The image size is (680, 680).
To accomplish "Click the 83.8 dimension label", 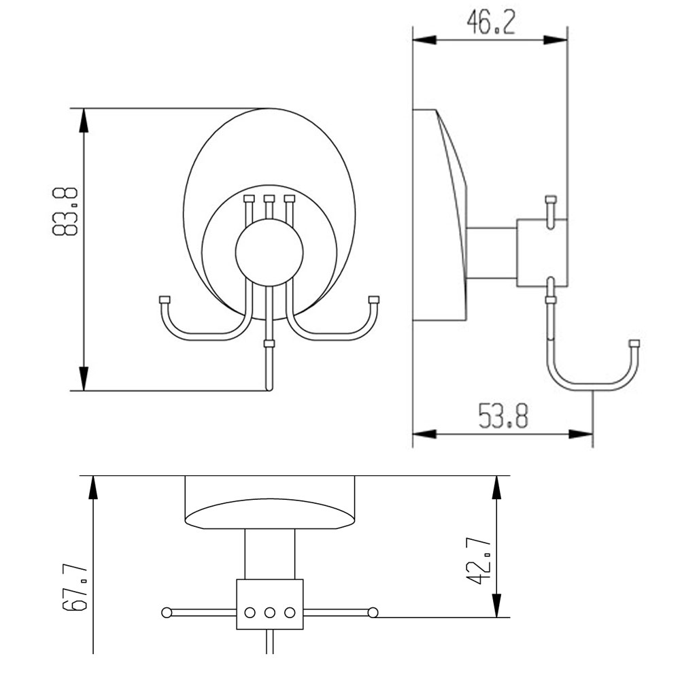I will coord(65,211).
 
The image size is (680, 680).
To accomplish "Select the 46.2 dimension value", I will coord(490,22).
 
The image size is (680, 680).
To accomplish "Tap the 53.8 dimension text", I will coord(503,415).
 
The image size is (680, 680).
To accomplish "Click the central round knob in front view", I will coord(269,252).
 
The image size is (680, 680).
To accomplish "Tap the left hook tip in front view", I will coord(164,300).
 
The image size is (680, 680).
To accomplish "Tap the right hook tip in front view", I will coord(373,300).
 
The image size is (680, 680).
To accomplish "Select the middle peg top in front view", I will coord(269,199).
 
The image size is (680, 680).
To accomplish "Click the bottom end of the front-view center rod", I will coord(269,388).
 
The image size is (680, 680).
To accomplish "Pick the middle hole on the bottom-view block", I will coord(270,612).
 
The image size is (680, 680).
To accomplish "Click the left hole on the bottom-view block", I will coord(250,612).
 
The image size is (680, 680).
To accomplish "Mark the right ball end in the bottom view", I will coord(372,613).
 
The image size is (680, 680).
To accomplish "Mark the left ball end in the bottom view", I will coord(167,613).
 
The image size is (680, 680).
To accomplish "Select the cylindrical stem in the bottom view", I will coord(270,554).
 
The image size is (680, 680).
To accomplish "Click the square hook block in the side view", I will coord(541,252).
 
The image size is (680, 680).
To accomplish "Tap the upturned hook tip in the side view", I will coord(634,343).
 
